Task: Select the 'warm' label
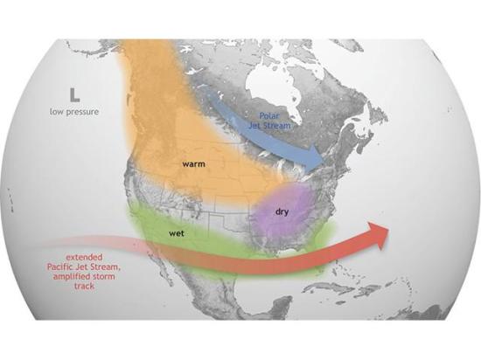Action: tap(194, 163)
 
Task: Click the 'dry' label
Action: tap(282, 211)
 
